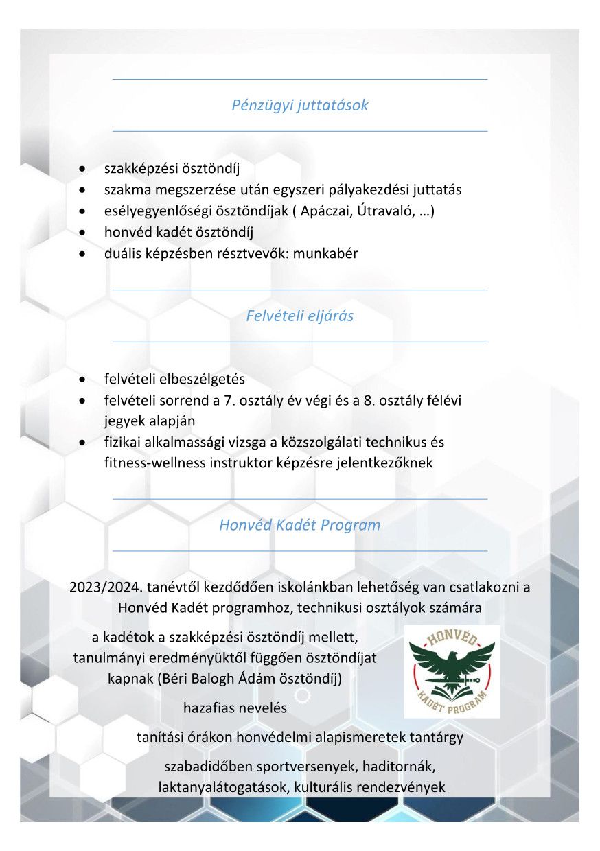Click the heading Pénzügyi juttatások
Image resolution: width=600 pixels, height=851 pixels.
(x=300, y=106)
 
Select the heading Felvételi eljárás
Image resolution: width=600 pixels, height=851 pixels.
(x=300, y=316)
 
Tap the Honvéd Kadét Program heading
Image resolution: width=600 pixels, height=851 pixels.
(x=299, y=526)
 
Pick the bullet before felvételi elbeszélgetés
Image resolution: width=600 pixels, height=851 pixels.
(x=82, y=380)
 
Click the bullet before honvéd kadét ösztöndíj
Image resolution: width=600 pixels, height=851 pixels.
(x=82, y=233)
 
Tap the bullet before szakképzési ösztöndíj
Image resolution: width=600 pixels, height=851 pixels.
(x=82, y=169)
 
